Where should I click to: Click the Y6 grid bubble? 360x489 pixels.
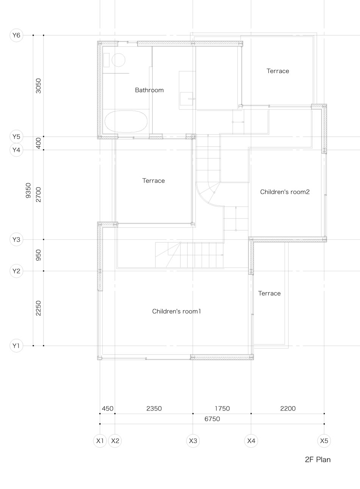coord(16,35)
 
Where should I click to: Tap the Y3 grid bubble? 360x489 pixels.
coord(16,239)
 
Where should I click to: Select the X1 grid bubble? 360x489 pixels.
coord(100,441)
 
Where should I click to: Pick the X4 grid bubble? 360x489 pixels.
coord(251,441)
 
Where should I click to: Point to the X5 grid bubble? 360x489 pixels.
coord(324,441)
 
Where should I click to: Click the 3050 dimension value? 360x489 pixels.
coord(38,86)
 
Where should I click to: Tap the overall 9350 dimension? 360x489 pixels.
coord(28,191)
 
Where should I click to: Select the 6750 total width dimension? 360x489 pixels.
coord(212,419)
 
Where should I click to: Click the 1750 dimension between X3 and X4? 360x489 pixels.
coord(222,408)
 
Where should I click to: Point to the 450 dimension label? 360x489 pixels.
coord(108,408)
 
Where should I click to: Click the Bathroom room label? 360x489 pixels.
coord(149,90)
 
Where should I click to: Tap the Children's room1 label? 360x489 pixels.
coord(177,311)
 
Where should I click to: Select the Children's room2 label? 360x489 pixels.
coord(285,192)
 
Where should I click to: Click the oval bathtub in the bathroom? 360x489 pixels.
coord(125,121)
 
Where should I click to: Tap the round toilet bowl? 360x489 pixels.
coord(118,60)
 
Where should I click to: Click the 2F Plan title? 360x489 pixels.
coord(318,459)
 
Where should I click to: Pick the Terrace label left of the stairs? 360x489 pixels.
coord(153,181)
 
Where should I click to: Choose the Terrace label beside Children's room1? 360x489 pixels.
coord(269,293)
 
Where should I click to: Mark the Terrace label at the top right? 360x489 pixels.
coord(278,71)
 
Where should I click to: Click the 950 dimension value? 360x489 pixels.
coord(38,255)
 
